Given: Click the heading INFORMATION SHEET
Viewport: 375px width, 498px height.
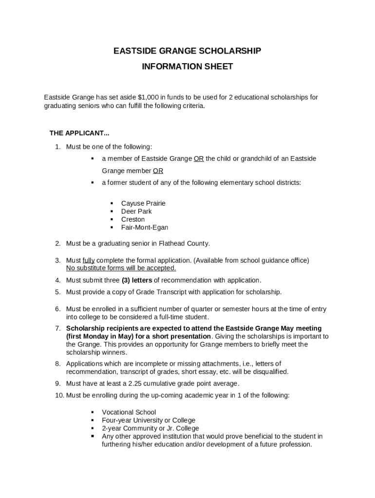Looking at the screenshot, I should (x=187, y=67).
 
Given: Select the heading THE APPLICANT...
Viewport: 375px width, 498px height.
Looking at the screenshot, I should (x=79, y=133).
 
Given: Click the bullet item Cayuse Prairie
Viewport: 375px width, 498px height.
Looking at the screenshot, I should (x=143, y=203).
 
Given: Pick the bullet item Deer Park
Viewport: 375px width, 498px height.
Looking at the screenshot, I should (x=136, y=212).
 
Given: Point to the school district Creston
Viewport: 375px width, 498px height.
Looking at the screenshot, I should (x=133, y=219).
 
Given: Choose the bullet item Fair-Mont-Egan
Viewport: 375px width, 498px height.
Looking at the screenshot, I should (x=145, y=228).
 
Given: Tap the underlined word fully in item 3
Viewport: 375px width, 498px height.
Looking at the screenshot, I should (x=89, y=260).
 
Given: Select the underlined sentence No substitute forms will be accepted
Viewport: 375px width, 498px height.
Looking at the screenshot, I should (x=121, y=268).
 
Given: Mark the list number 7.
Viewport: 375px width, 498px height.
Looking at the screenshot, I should (x=57, y=328).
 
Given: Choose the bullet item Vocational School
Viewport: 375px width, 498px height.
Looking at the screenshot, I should (x=129, y=412).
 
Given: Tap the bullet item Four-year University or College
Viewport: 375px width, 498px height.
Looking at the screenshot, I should (x=149, y=420).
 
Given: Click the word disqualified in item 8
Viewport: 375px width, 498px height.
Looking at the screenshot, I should (x=271, y=372).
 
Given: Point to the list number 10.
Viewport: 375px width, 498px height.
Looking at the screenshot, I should (x=59, y=395).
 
